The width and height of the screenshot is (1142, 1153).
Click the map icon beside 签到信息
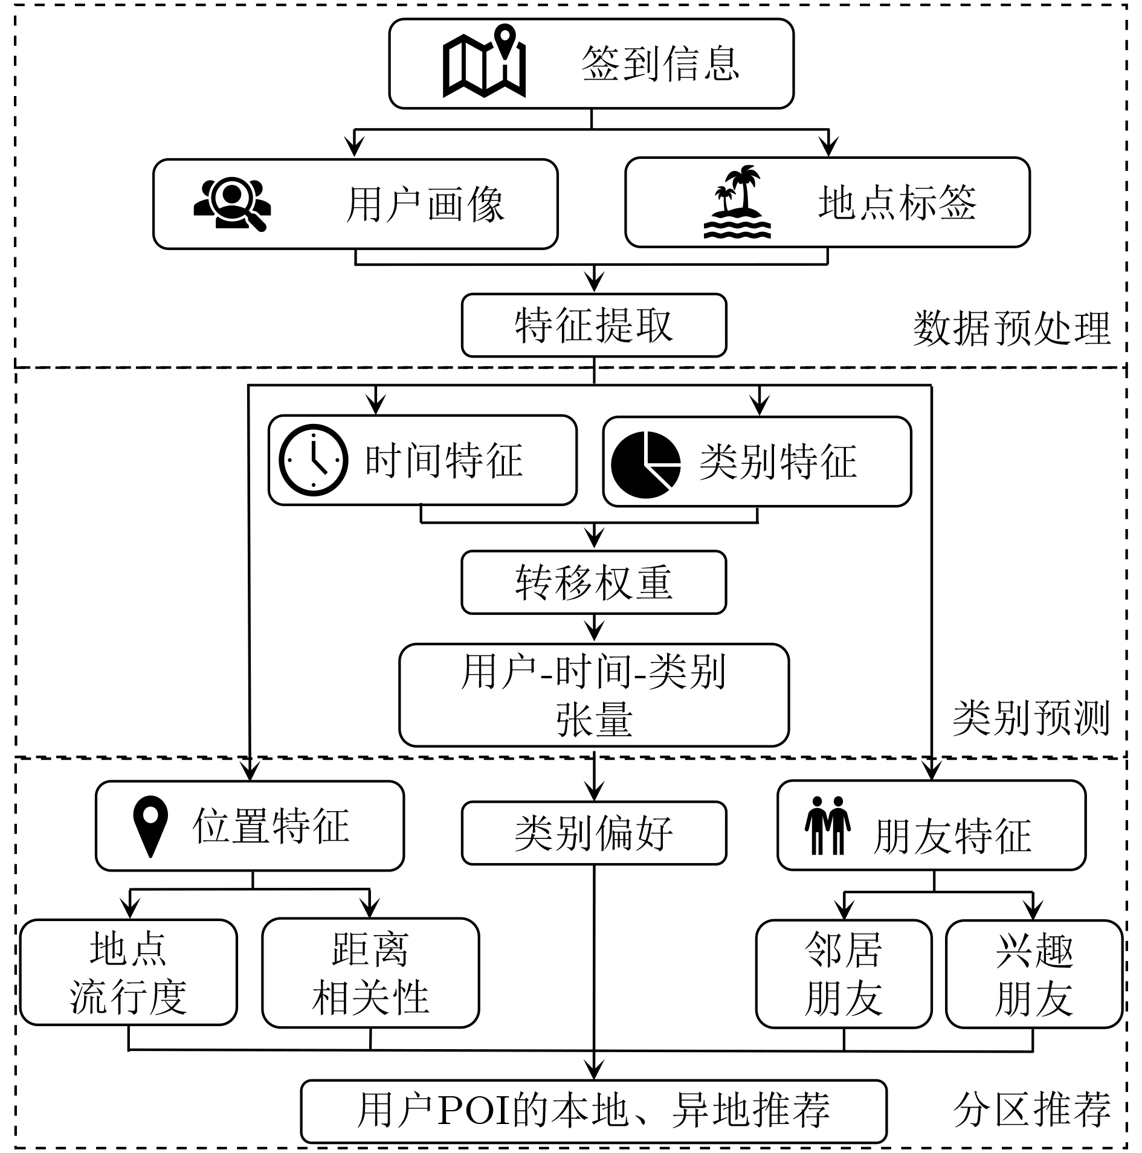(484, 60)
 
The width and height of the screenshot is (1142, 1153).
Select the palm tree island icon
(737, 202)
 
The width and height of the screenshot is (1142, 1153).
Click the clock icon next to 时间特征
(313, 460)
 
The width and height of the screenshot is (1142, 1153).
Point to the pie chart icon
(645, 464)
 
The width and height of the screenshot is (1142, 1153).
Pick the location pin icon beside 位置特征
(150, 826)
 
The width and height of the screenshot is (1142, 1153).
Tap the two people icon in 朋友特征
(828, 826)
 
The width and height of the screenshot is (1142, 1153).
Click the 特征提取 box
(594, 326)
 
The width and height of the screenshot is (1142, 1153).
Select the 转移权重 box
(594, 582)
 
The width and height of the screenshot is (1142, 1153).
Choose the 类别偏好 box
(594, 833)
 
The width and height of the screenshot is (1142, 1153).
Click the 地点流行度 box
(129, 972)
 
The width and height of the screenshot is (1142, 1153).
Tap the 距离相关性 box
(370, 972)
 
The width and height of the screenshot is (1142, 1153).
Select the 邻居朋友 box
(844, 974)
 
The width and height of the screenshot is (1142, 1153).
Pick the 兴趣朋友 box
(1034, 974)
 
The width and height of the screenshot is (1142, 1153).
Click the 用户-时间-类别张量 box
(594, 695)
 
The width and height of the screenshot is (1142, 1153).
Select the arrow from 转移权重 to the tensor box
(595, 628)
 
